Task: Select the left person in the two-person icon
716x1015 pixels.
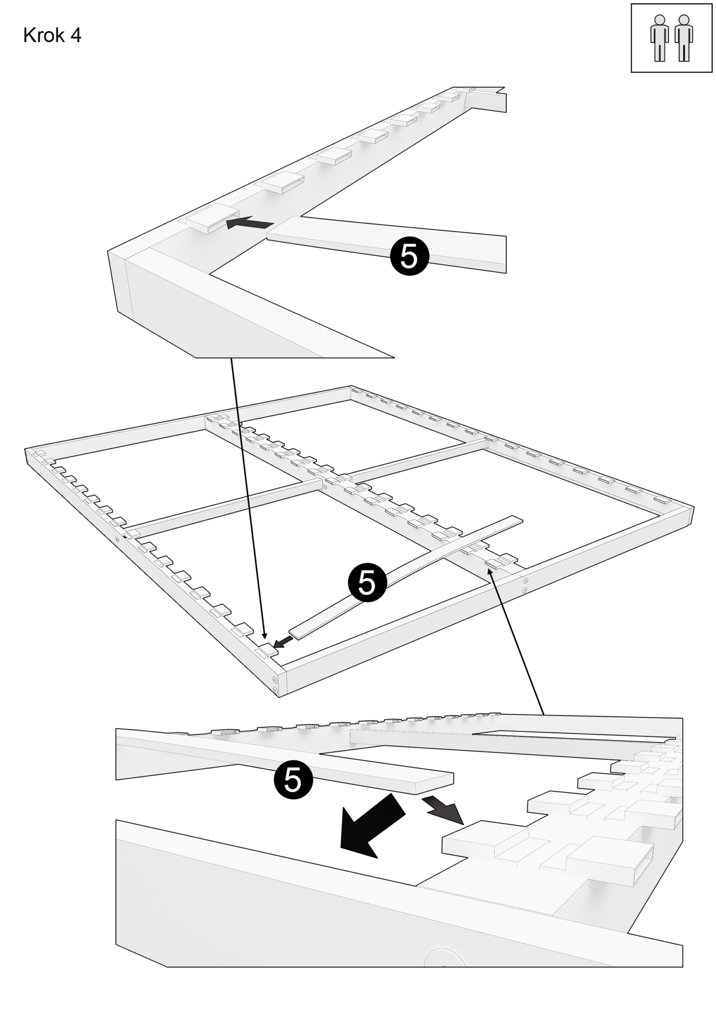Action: (659, 38)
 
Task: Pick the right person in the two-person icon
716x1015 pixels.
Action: (684, 38)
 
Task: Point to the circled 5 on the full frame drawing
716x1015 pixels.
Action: (367, 583)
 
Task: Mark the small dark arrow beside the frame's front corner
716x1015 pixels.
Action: (283, 643)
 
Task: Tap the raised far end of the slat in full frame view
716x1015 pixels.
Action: (516, 520)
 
